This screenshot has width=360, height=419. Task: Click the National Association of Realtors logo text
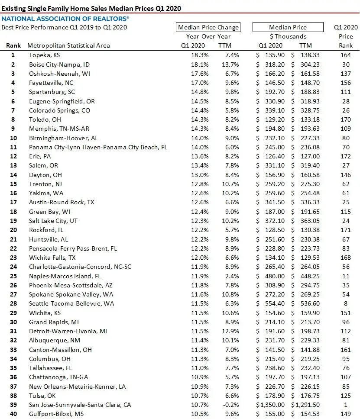pos(65,18)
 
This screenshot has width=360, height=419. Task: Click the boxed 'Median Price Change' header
pos(208,27)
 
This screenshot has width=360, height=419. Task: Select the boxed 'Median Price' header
pos(288,27)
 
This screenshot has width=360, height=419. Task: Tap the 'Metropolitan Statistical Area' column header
pos(68,45)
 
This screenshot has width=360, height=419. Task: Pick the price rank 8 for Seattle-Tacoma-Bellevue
pos(345,303)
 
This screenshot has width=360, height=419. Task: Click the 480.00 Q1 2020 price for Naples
pos(276,276)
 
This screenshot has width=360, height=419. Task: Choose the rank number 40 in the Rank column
pos(13,414)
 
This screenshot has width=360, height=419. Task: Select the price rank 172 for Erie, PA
pos(345,156)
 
